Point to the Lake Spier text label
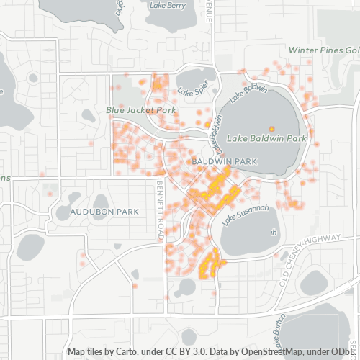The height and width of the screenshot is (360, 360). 192,92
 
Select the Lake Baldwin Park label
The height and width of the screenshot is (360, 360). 267,137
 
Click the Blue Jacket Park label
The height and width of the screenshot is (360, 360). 141,110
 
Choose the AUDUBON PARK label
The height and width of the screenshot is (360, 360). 105,212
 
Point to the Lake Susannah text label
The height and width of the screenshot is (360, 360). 245,215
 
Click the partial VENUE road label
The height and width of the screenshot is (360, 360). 208,12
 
